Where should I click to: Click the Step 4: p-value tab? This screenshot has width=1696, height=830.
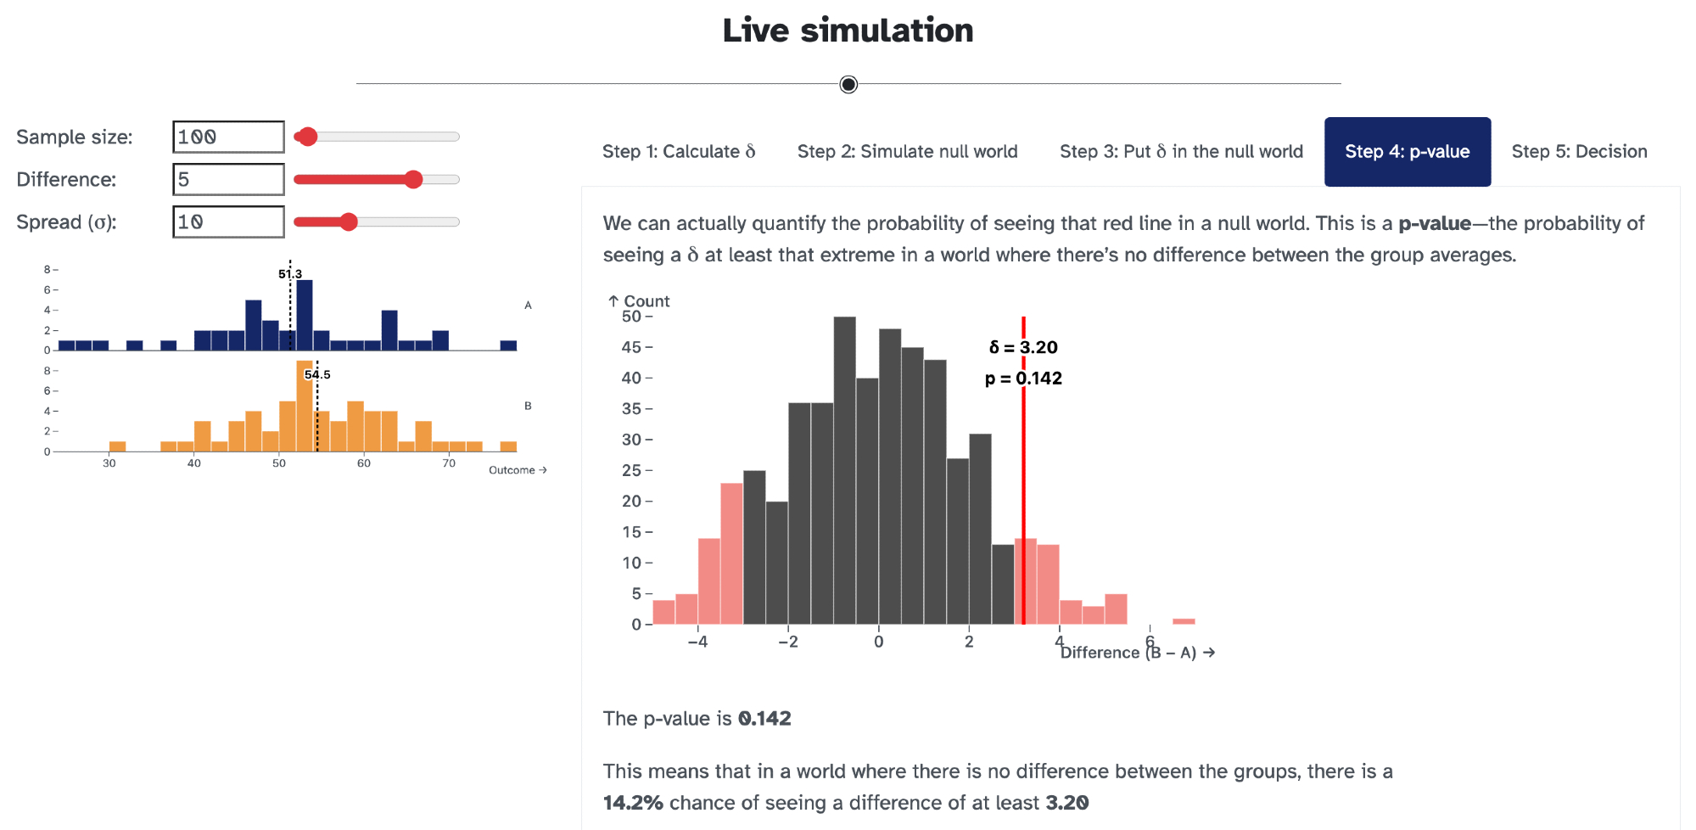pyautogui.click(x=1407, y=152)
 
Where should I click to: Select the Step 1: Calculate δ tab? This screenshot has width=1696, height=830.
pyautogui.click(x=678, y=152)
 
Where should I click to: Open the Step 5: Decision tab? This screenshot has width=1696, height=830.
pyautogui.click(x=1579, y=152)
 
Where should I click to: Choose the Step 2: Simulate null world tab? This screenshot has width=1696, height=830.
pyautogui.click(x=907, y=152)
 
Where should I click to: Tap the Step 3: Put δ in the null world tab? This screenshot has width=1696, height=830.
pyautogui.click(x=1181, y=152)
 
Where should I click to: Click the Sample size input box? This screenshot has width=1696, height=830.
pyautogui.click(x=228, y=137)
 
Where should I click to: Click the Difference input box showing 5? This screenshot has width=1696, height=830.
pyautogui.click(x=228, y=179)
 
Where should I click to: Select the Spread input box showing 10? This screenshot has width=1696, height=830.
pyautogui.click(x=228, y=222)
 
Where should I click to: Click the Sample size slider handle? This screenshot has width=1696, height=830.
pyautogui.click(x=307, y=137)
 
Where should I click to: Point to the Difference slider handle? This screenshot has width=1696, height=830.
pyautogui.click(x=413, y=179)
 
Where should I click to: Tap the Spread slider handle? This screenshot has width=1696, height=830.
pyautogui.click(x=349, y=222)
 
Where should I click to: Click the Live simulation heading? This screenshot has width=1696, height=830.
pyautogui.click(x=848, y=31)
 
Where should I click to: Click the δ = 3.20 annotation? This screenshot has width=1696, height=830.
pyautogui.click(x=1023, y=347)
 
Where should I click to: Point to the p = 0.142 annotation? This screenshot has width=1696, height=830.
pyautogui.click(x=1023, y=379)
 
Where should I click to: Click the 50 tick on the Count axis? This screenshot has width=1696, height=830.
pyautogui.click(x=631, y=317)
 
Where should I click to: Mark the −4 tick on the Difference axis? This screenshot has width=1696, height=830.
pyautogui.click(x=697, y=642)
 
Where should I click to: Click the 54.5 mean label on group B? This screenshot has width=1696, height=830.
pyautogui.click(x=317, y=374)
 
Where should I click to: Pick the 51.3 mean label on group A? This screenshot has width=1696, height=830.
pyautogui.click(x=290, y=273)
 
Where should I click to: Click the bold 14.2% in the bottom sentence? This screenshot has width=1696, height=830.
pyautogui.click(x=633, y=803)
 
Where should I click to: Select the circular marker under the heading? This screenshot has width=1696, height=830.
pyautogui.click(x=848, y=84)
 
